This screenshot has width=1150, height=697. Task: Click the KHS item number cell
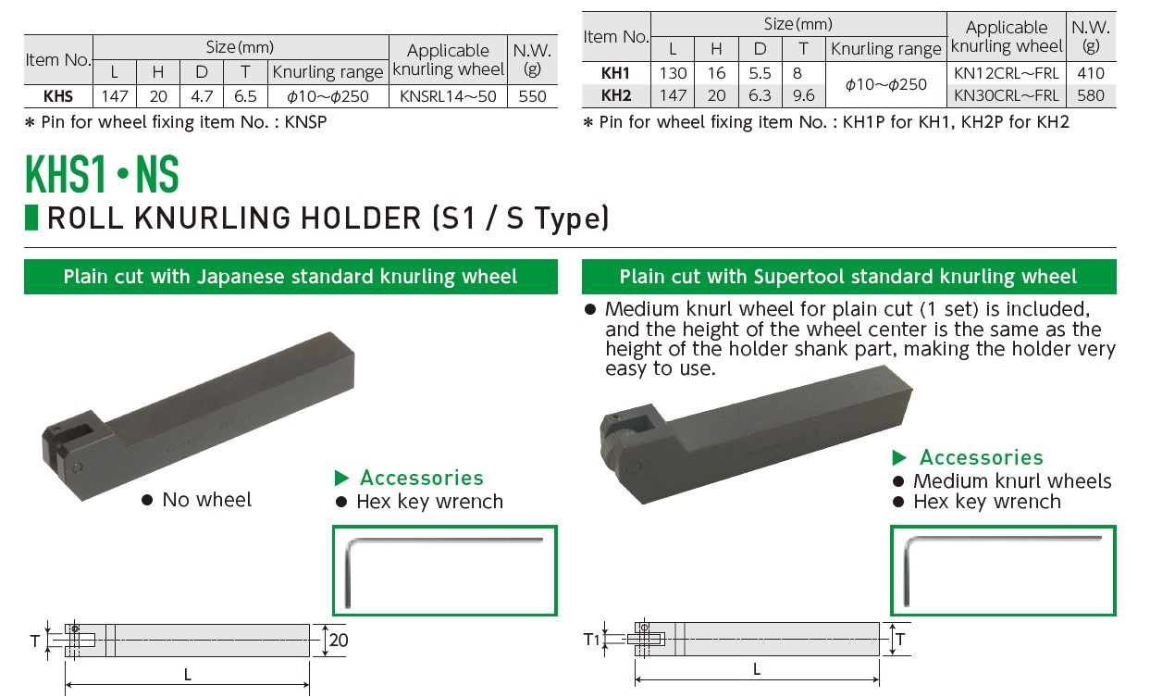point(57,95)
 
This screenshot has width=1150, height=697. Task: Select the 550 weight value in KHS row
point(532,95)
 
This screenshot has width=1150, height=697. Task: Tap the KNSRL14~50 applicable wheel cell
point(448,95)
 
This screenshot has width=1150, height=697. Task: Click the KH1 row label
point(615,73)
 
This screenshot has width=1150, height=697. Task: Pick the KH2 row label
point(615,94)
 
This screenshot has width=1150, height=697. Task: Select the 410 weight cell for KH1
point(1091,73)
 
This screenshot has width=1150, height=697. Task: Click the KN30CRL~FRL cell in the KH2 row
point(1007,94)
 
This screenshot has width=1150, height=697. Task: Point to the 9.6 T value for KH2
point(804,94)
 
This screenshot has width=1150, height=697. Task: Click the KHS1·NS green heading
point(102,174)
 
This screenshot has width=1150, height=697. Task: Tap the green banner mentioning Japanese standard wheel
point(291,277)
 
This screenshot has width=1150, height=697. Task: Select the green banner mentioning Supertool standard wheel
point(848,277)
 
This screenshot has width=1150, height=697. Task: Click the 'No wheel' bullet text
point(205,500)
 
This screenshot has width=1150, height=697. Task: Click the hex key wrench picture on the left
point(444,570)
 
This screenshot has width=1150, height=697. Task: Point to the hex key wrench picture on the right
point(1003,569)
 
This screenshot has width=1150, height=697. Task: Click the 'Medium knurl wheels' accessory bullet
point(1011,481)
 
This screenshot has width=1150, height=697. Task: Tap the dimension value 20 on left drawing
point(339,640)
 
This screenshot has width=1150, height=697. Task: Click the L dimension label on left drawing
point(188,675)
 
